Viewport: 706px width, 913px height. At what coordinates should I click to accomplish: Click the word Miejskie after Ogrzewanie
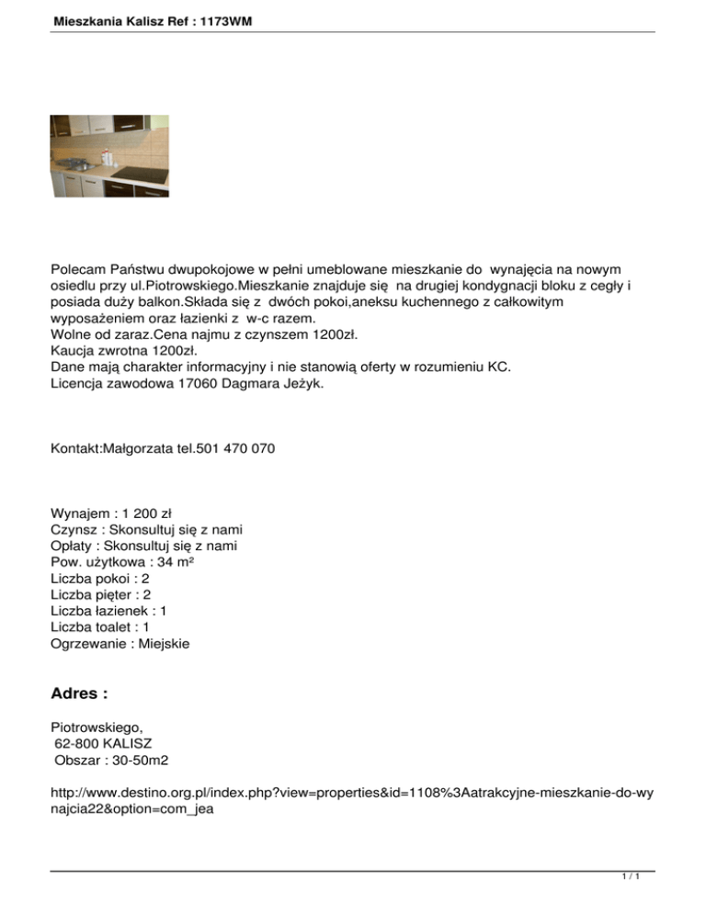tap(158, 645)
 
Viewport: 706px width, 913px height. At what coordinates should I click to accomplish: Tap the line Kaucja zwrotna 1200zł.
tap(124, 350)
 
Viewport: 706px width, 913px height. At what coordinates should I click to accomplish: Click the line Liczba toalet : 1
tap(101, 628)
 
